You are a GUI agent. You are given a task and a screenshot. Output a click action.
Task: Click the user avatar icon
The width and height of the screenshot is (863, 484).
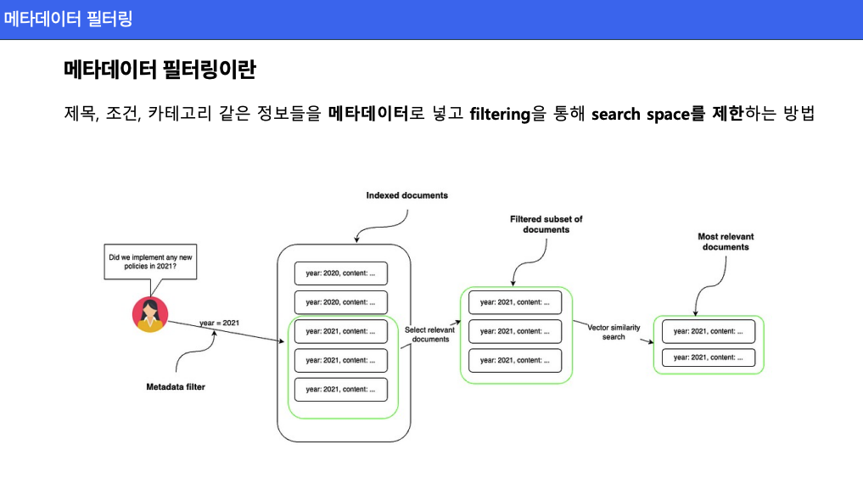(149, 314)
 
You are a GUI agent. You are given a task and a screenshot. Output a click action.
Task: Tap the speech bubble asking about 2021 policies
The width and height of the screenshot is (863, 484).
(150, 262)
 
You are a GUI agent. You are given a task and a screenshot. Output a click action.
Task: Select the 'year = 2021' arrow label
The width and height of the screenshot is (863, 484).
(219, 324)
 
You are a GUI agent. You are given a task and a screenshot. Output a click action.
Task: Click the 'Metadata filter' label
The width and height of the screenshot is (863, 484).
(176, 387)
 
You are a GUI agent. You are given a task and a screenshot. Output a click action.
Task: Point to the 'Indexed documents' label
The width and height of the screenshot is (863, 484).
(406, 195)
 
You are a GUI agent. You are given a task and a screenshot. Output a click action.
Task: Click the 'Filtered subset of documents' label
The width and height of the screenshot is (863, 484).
(546, 224)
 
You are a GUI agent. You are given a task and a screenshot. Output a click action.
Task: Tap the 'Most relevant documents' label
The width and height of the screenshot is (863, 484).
(726, 242)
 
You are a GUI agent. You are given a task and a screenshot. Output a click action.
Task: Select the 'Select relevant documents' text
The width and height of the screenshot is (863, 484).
(430, 335)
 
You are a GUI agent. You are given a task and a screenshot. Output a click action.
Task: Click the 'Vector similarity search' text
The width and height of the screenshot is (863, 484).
(614, 332)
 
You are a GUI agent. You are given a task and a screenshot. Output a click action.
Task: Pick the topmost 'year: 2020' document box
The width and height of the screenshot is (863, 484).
(340, 273)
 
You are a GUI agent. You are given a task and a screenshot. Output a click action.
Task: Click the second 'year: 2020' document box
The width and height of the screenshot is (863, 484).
(340, 302)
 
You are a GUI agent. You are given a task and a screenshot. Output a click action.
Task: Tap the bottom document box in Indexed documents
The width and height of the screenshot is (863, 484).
(340, 389)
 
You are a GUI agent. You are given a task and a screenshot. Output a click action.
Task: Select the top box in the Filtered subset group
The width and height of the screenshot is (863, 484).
(515, 302)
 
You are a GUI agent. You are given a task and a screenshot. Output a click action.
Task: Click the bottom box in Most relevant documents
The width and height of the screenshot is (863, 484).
(709, 357)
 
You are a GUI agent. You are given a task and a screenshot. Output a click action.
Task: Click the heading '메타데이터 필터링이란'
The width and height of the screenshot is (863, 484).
(160, 70)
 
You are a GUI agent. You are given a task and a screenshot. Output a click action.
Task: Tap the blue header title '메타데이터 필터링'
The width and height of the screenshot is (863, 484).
(68, 19)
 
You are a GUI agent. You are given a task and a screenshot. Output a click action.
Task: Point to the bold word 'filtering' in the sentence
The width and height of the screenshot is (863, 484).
(500, 114)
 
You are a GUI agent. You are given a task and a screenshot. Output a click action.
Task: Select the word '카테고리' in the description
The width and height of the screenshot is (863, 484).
(179, 114)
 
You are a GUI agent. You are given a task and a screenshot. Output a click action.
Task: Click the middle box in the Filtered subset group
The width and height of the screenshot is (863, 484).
(515, 331)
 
